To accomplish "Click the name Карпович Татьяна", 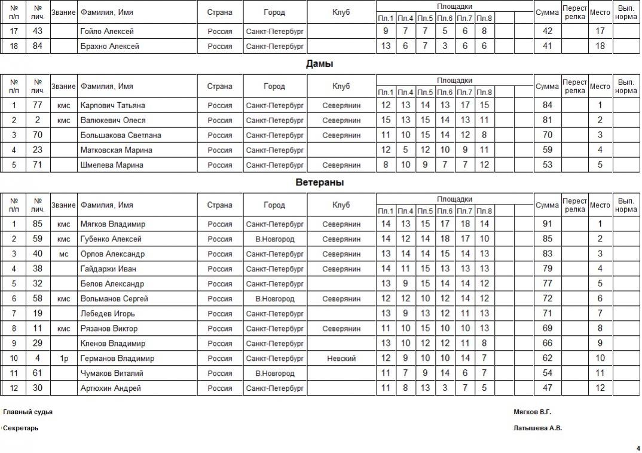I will point(112,105).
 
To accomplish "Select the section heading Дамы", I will point(319,63).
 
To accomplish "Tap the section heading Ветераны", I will point(319,182).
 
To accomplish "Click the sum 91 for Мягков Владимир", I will point(547,224).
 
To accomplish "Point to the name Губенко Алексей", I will point(111,239).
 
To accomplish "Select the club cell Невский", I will point(341,359).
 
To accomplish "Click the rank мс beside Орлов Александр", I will point(63,254).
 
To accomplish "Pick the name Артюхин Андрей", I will point(111,388).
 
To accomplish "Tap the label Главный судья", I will point(27,412).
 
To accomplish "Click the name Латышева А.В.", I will point(537,428).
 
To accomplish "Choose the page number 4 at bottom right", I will point(638,448).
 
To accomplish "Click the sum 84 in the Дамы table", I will point(547,105).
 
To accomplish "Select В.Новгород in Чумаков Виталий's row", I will point(274,374).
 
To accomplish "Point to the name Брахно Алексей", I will point(109,46).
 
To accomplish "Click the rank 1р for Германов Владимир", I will point(63,359).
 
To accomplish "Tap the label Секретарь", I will point(21,428).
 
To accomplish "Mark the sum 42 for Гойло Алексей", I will point(547,31).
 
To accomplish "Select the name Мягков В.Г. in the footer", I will point(532,412).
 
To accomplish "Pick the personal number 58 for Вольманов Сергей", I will point(38,299).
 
